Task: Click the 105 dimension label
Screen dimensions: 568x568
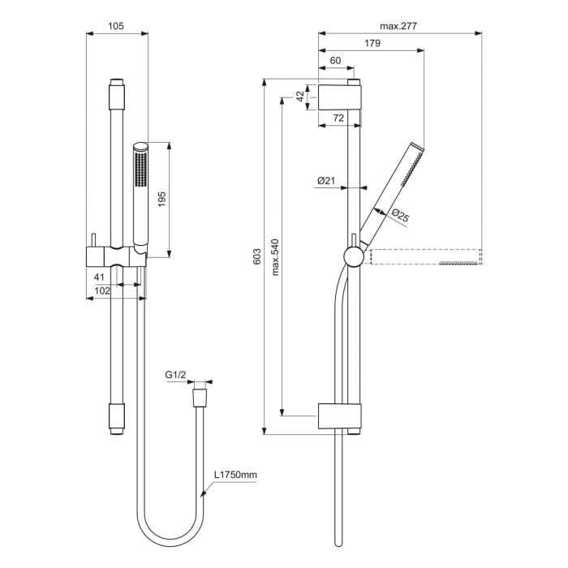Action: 116,26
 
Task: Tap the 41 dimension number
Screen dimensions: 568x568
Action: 101,277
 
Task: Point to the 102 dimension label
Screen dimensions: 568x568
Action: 102,290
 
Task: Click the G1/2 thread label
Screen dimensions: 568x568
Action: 176,375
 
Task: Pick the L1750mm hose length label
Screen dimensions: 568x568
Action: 235,475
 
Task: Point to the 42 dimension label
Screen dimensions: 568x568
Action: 300,95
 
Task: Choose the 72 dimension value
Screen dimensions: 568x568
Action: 338,118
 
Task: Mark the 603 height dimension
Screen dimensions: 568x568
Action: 257,256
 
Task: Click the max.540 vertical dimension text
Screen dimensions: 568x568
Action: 276,256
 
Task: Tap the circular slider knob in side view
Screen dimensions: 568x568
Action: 353,256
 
